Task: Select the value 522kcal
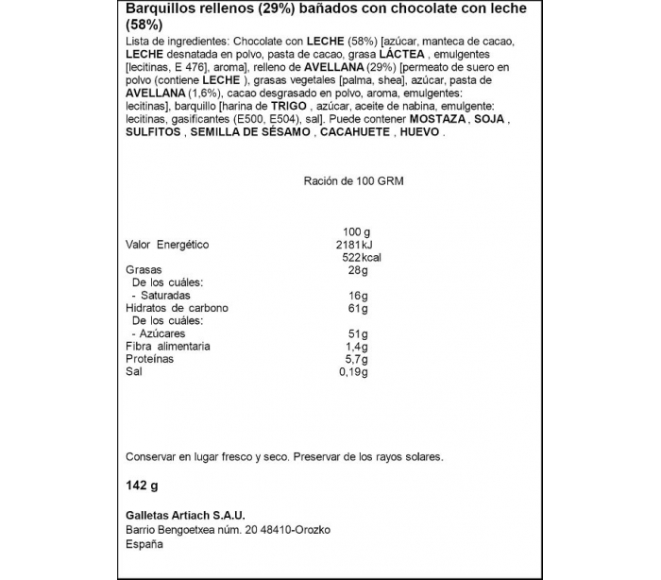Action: point(359,257)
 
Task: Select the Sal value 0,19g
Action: point(352,372)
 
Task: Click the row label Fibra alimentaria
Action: point(168,347)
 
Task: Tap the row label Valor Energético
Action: point(166,245)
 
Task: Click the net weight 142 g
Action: point(141,486)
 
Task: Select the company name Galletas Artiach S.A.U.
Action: point(185,515)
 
